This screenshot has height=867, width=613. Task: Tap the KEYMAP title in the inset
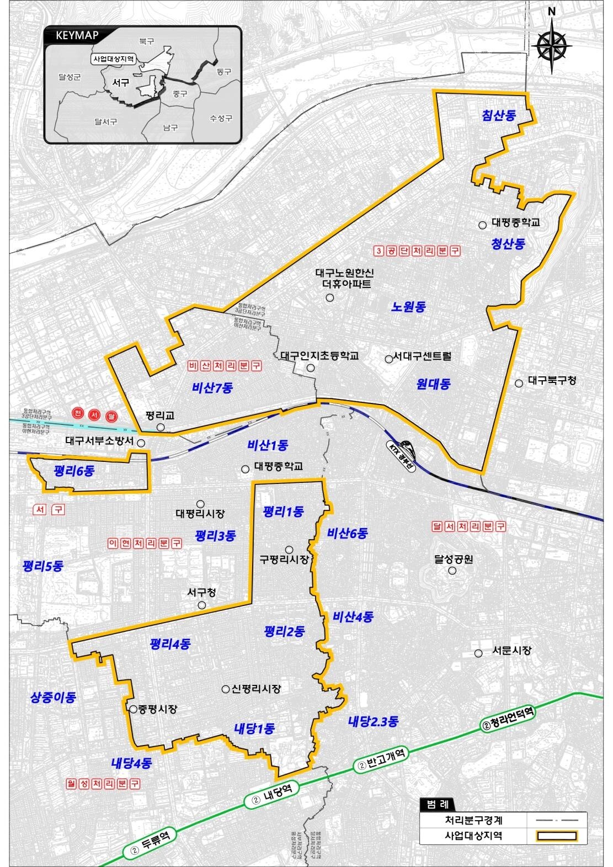[x=77, y=36]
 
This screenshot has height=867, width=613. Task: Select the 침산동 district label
[x=498, y=115]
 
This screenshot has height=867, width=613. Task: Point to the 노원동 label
[x=409, y=307]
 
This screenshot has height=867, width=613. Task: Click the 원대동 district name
[x=434, y=384]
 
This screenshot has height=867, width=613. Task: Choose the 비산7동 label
[x=212, y=387]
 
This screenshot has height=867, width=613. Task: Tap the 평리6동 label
[x=74, y=471]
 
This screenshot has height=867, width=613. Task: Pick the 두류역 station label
[x=150, y=837]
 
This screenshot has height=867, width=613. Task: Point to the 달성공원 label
[x=454, y=559]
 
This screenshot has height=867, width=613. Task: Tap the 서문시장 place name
[x=511, y=650]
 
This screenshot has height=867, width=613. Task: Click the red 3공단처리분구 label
[x=417, y=251]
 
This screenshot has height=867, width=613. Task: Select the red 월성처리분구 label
[x=103, y=783]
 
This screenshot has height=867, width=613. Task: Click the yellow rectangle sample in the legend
[x=557, y=836]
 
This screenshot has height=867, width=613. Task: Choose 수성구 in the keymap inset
[x=221, y=119]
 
